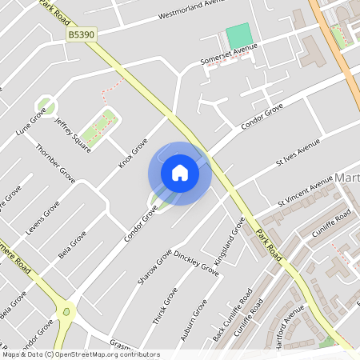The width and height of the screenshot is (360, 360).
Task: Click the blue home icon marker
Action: (x=179, y=173)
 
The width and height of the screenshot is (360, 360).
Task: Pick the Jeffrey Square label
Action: (x=71, y=131)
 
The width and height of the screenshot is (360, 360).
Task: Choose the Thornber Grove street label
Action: (x=55, y=162)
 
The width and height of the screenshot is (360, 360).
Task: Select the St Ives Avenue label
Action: (x=298, y=151)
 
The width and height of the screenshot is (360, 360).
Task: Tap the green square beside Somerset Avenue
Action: (x=238, y=36)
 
